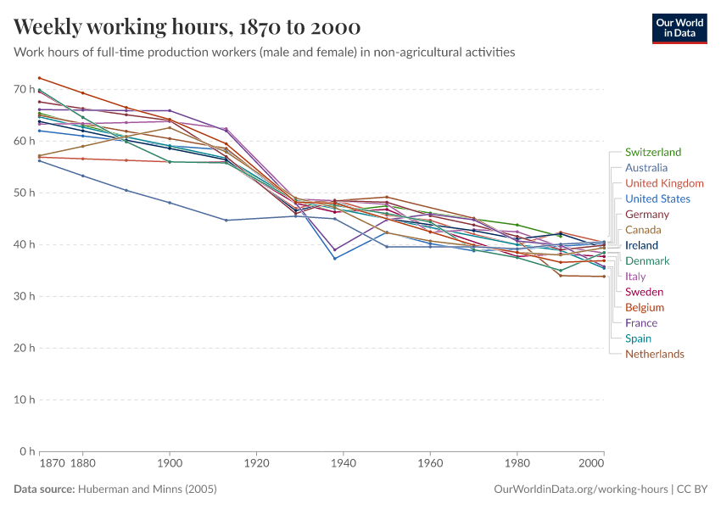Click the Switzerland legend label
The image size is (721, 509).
click(x=652, y=153)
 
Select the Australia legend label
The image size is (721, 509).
click(x=646, y=168)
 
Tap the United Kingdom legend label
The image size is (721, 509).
click(x=664, y=183)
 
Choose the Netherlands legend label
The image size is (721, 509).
click(x=654, y=354)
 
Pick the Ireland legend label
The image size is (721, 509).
click(x=641, y=245)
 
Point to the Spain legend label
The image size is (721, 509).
click(x=638, y=338)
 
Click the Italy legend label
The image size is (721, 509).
click(x=635, y=277)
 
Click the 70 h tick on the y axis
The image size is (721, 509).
click(x=24, y=89)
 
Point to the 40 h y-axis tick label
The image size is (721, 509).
click(x=24, y=244)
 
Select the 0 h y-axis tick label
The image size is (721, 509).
click(x=26, y=451)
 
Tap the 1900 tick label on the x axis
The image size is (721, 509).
click(x=170, y=464)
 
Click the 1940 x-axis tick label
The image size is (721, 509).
click(x=344, y=464)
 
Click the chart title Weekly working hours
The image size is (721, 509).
click(x=187, y=26)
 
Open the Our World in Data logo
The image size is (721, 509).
click(x=679, y=28)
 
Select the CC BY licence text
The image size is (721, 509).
click(x=692, y=489)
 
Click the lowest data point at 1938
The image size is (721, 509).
click(x=335, y=258)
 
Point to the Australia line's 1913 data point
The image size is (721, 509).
click(x=226, y=221)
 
